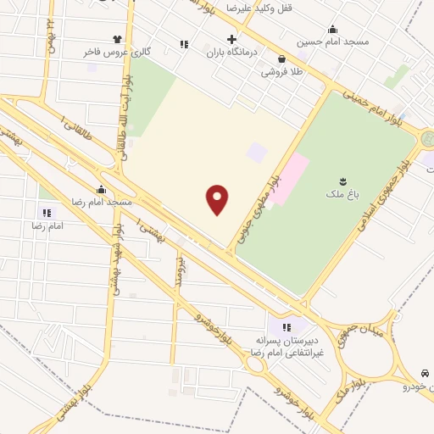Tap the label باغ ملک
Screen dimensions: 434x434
pyautogui.click(x=342, y=195)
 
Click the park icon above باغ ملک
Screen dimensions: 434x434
pyautogui.click(x=342, y=181)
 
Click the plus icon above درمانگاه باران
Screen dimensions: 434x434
pyautogui.click(x=231, y=39)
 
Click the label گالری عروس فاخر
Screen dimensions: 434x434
pyautogui.click(x=117, y=53)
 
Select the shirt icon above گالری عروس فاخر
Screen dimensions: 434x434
pyautogui.click(x=117, y=39)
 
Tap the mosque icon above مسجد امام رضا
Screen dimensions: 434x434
pyautogui.click(x=101, y=189)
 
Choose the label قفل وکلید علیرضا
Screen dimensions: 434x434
pyautogui.click(x=258, y=8)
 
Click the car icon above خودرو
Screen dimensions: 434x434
pyautogui.click(x=424, y=373)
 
